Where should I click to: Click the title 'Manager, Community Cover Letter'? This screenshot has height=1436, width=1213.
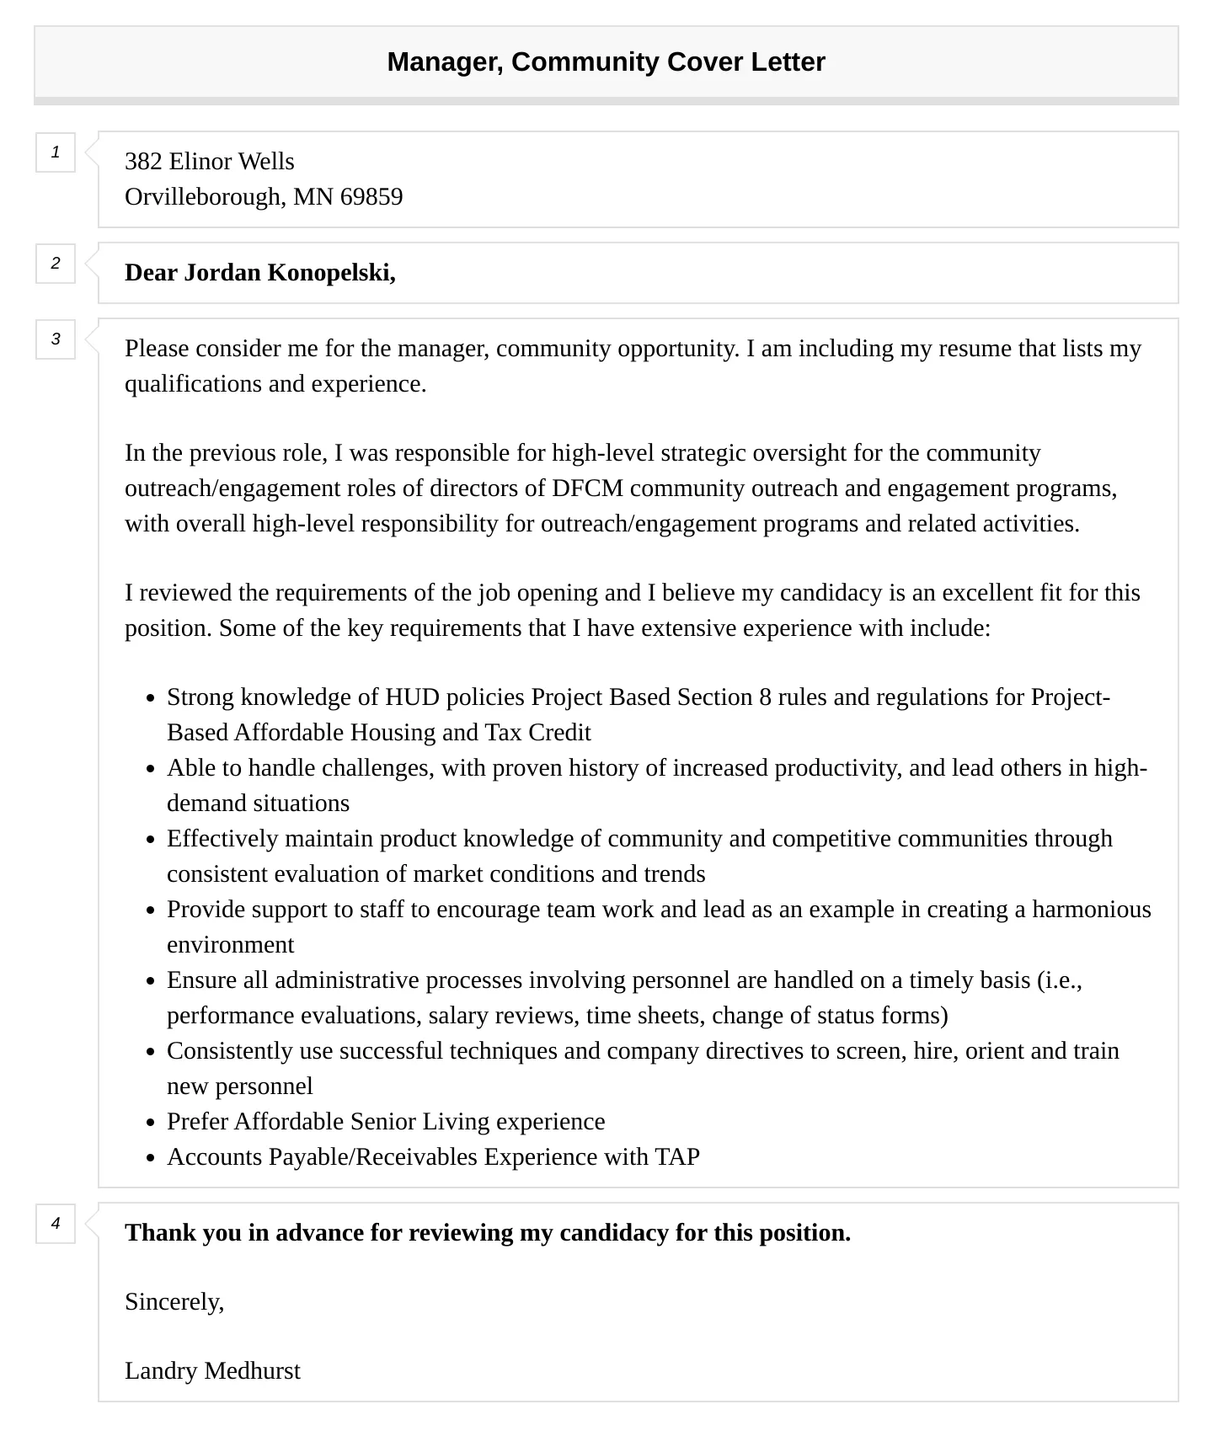coord(606,62)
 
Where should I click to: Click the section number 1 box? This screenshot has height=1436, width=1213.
coord(56,152)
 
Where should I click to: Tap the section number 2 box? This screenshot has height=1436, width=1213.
coord(56,264)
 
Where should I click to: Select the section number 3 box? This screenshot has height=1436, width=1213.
coord(56,339)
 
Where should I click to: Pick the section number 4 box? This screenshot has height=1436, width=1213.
coord(56,1224)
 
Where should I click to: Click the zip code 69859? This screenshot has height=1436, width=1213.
coord(371,197)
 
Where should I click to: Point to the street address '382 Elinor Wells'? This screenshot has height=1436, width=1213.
coord(210,162)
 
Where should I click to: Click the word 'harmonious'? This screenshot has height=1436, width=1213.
coord(1092,910)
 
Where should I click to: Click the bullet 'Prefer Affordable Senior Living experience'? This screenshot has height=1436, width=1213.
coord(386,1122)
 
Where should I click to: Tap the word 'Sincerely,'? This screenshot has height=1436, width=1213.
coord(174,1302)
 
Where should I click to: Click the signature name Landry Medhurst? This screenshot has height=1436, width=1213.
coord(212,1371)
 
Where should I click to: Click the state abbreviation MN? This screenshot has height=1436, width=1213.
coord(313,197)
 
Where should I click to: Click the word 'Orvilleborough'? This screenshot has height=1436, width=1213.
coord(202,197)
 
